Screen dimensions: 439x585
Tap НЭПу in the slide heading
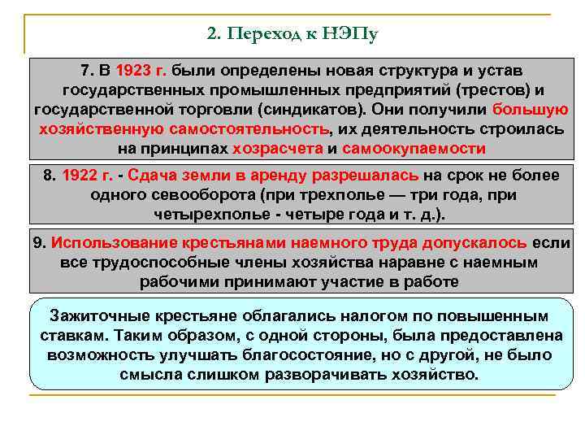(351, 35)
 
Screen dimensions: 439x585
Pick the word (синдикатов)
(267, 109)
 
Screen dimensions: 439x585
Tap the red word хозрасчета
(277, 149)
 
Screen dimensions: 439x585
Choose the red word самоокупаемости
(414, 149)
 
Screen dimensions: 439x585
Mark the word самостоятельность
(249, 128)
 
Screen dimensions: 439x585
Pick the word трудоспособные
(142, 263)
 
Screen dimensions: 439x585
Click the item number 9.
(38, 243)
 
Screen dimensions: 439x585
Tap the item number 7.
(85, 70)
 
